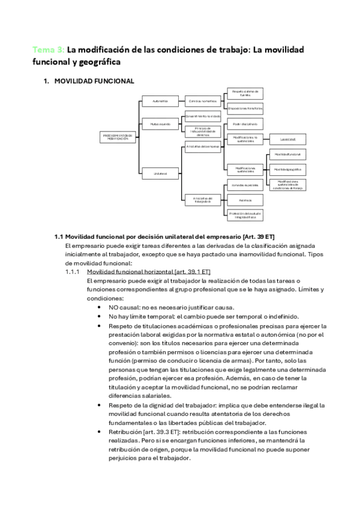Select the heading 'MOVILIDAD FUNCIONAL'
(x=94, y=81)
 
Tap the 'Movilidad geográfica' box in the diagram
(x=286, y=169)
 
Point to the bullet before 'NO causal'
(x=99, y=307)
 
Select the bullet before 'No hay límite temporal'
(x=99, y=316)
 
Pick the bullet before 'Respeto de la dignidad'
(x=99, y=406)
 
